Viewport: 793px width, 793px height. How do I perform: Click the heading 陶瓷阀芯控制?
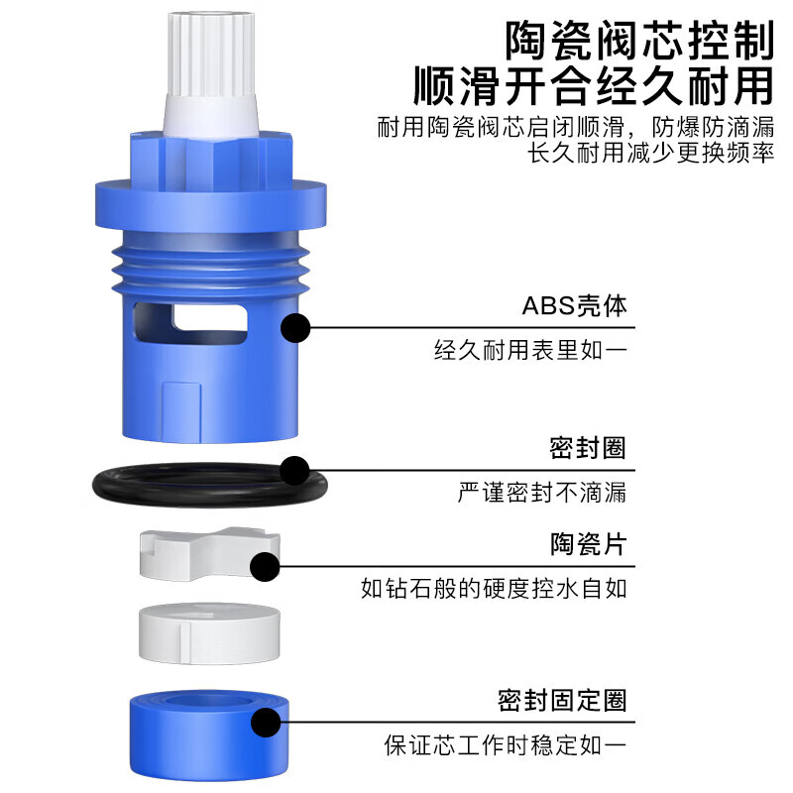[638, 41]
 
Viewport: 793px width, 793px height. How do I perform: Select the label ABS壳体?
[575, 306]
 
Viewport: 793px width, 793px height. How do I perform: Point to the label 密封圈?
[588, 448]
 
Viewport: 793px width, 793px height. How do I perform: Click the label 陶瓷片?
[588, 544]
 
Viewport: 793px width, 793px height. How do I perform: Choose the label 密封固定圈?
[562, 701]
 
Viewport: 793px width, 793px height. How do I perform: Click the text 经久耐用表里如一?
[530, 350]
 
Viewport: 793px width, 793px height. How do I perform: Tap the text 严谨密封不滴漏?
[542, 492]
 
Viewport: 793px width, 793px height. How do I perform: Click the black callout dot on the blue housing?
[296, 328]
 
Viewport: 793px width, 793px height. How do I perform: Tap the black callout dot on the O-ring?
[294, 470]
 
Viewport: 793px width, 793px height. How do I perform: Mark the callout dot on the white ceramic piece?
[265, 567]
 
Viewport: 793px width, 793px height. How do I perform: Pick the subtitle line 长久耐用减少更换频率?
[650, 154]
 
